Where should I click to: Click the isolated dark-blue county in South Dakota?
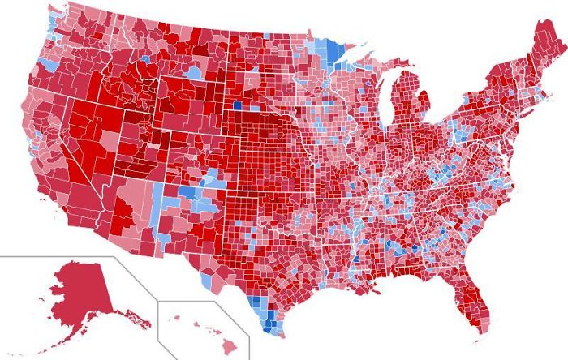point(236,104)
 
